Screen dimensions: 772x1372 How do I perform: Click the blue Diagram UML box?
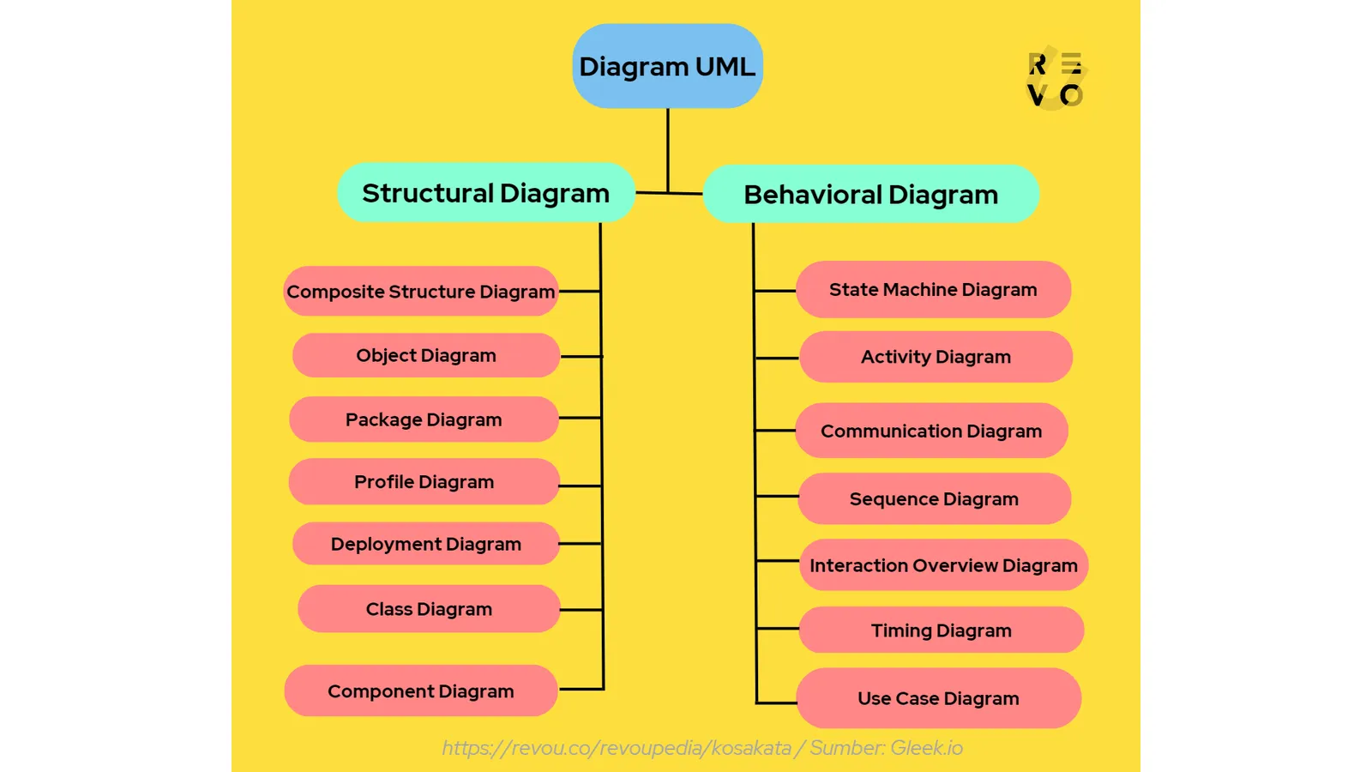click(667, 66)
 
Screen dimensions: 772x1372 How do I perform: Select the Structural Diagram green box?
click(485, 193)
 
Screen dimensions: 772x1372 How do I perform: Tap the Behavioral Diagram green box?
click(870, 195)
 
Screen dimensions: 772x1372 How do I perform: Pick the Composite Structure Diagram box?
click(420, 292)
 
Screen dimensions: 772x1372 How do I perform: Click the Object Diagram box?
click(425, 355)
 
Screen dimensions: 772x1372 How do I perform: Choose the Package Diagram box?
click(424, 419)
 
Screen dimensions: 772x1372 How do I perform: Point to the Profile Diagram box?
click(424, 482)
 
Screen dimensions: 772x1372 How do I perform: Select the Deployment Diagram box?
click(425, 544)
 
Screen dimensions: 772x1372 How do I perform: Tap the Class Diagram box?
click(429, 609)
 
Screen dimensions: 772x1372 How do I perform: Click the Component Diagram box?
click(420, 691)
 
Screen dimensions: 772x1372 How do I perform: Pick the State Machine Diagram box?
click(933, 290)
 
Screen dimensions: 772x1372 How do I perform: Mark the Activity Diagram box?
click(936, 357)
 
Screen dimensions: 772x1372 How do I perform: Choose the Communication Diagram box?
click(931, 431)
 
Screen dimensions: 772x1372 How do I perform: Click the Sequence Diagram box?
click(934, 499)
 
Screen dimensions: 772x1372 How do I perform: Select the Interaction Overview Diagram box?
click(943, 565)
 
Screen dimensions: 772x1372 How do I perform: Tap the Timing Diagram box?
click(941, 630)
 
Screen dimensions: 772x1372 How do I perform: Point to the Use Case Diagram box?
click(938, 698)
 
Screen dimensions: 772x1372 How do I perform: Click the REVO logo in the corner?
click(1056, 80)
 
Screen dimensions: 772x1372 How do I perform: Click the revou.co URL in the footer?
click(617, 748)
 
